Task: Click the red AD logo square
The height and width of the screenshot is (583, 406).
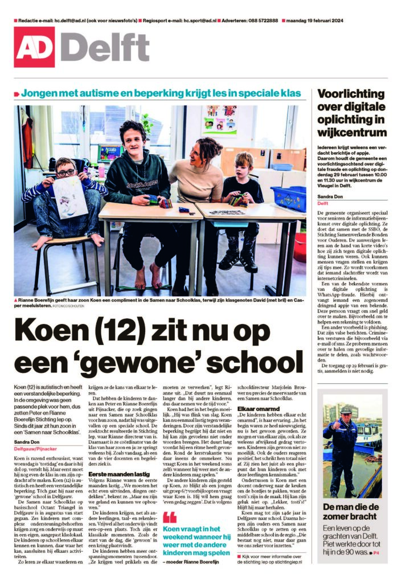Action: pos(34,47)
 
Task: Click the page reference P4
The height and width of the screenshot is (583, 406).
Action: pos(376,553)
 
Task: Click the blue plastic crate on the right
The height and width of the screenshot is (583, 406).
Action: pos(288,199)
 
